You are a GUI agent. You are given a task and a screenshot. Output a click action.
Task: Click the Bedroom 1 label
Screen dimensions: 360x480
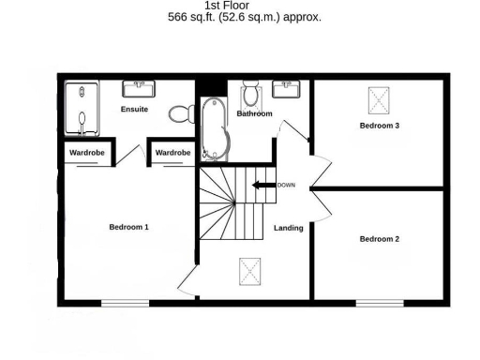[128, 227]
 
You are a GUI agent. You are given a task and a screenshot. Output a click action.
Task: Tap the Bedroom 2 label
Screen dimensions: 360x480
[380, 239]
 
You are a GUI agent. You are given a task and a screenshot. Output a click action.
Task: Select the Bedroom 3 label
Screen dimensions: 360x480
[380, 126]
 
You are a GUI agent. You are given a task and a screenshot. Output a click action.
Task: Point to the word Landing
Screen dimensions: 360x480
[288, 228]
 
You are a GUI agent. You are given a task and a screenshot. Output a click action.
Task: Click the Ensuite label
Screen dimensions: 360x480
[134, 110]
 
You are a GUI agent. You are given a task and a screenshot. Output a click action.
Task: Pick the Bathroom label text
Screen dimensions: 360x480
[254, 114]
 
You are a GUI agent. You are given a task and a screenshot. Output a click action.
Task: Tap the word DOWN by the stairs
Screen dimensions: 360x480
[286, 185]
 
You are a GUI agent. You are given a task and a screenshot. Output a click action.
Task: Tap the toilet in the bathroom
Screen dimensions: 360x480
[250, 95]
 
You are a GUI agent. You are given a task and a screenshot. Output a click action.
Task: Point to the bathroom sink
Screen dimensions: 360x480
[285, 88]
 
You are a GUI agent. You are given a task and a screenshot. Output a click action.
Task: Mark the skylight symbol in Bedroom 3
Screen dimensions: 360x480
[380, 97]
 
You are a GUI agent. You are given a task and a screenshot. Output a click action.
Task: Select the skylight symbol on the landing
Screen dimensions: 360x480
[250, 272]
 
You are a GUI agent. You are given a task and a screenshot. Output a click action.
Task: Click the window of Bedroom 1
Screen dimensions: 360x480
[125, 303]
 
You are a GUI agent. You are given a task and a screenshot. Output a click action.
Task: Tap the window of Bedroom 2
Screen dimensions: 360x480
[380, 303]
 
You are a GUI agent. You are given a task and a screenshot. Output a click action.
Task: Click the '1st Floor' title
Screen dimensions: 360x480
[241, 5]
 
